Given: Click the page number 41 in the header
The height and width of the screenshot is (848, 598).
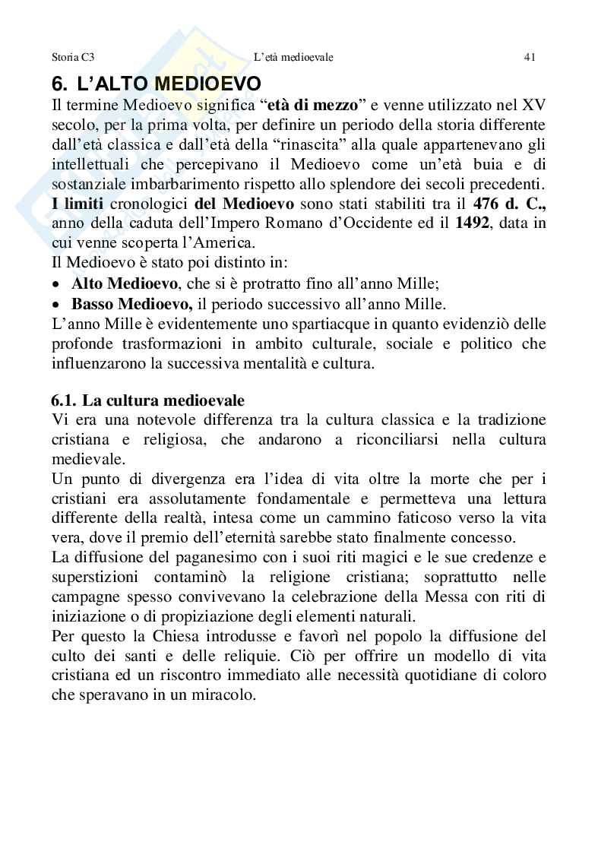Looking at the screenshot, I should click(530, 57).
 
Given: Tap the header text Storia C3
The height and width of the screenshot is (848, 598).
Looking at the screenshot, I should click(73, 57).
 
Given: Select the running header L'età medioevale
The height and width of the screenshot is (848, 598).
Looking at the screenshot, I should click(293, 57).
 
